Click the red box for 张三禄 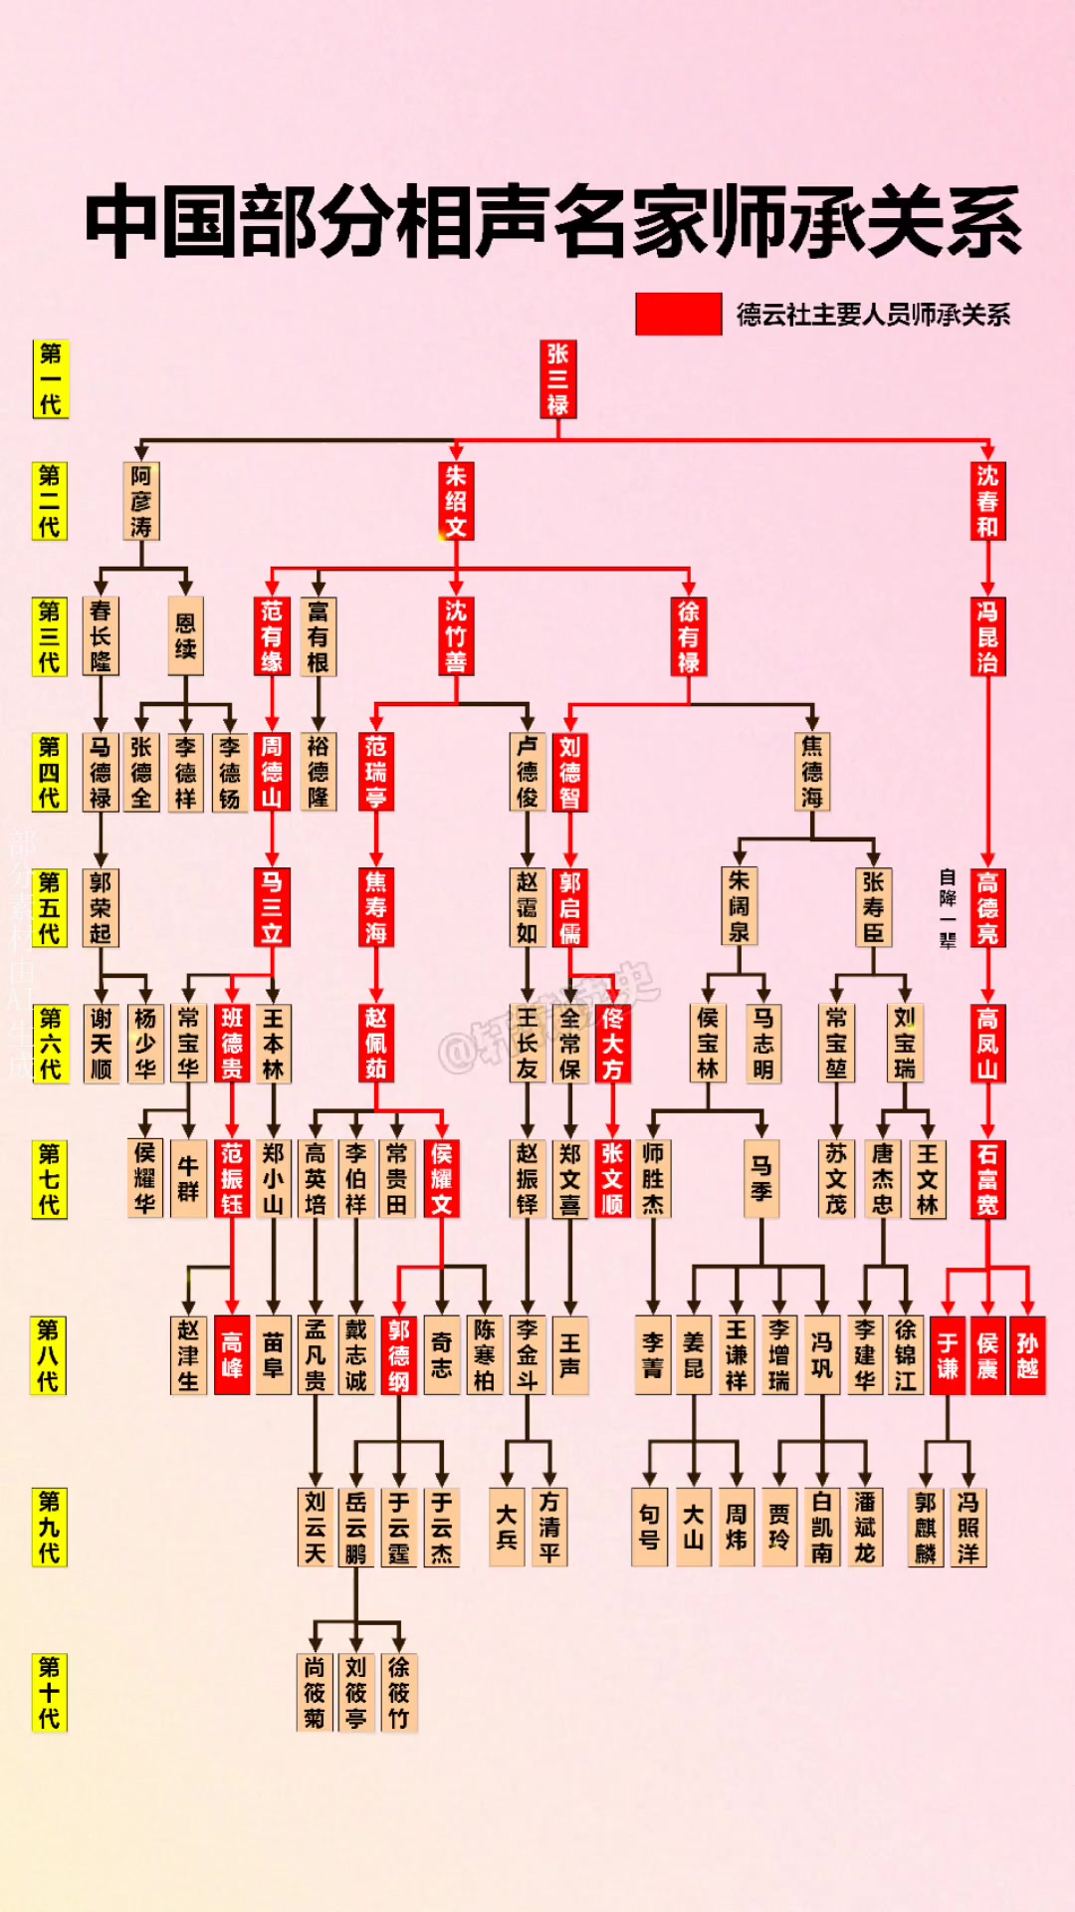click(x=557, y=379)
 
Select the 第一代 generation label click(x=50, y=379)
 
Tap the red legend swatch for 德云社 click(x=679, y=314)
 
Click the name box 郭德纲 click(x=399, y=1355)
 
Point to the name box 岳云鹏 click(x=356, y=1528)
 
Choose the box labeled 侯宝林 click(x=708, y=1043)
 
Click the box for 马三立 click(x=272, y=907)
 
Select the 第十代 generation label click(x=50, y=1693)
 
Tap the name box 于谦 click(x=948, y=1355)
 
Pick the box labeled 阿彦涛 click(x=141, y=502)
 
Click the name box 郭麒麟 click(x=926, y=1528)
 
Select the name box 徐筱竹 click(x=399, y=1693)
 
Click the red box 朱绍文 click(x=456, y=502)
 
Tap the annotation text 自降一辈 click(x=947, y=908)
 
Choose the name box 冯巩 click(x=822, y=1355)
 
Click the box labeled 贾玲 click(x=779, y=1528)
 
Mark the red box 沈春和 click(x=987, y=502)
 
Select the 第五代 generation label click(x=50, y=907)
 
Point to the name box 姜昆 click(x=694, y=1355)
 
